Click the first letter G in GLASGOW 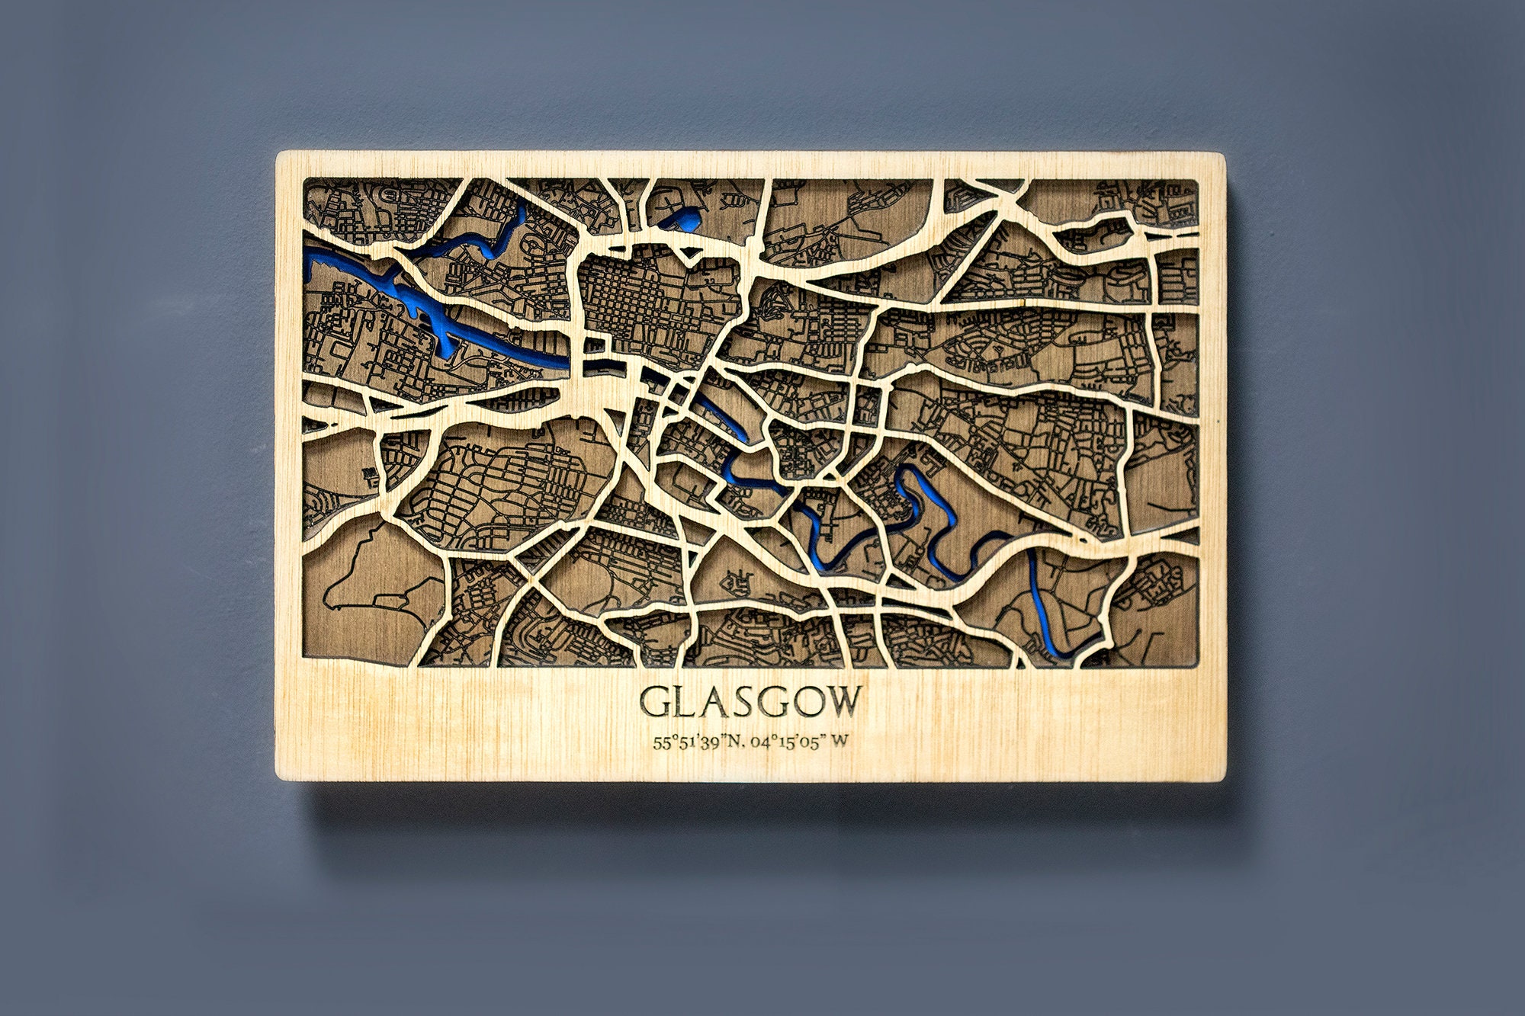point(653,702)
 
